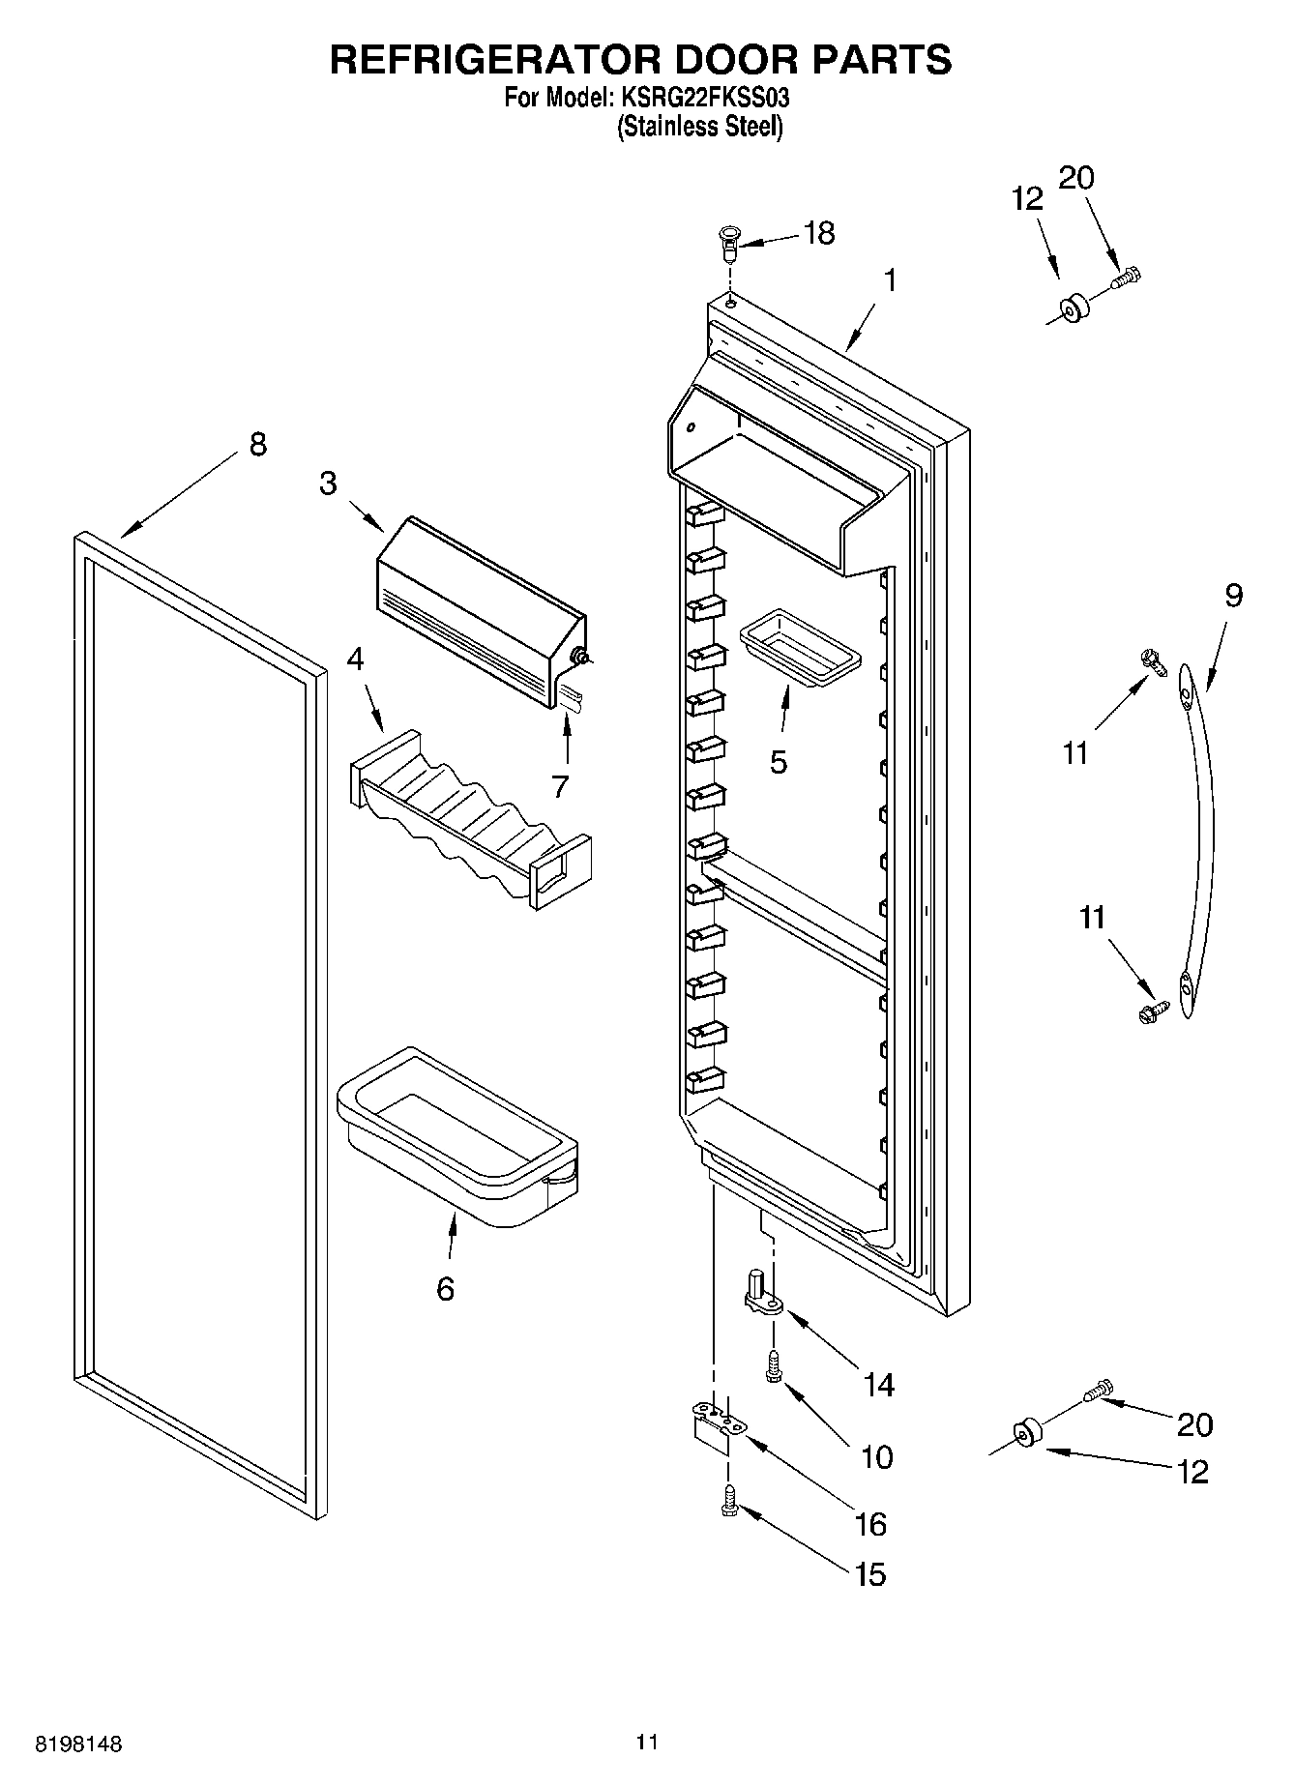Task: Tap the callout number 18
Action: pos(818,233)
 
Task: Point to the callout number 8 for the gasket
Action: pos(257,445)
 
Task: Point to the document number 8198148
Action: pos(78,1745)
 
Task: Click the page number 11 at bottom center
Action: pos(647,1743)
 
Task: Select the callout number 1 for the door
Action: pos(888,281)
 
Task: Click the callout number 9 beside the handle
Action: pos(1234,596)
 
